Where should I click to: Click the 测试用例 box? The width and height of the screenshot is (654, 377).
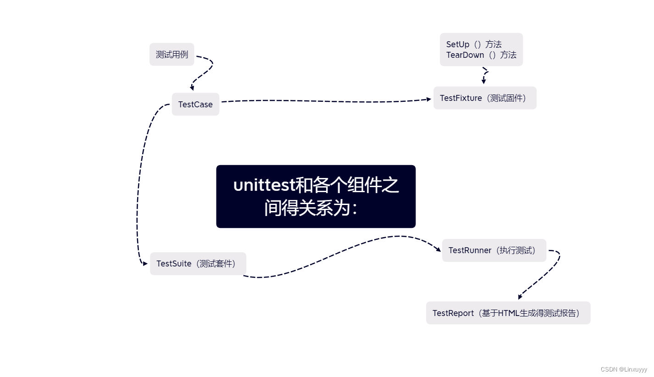pos(172,55)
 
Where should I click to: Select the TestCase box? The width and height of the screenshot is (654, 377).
pos(195,105)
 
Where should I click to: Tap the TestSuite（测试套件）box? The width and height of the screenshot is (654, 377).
pos(198,264)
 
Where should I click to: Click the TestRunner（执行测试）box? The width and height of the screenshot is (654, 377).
pos(494,250)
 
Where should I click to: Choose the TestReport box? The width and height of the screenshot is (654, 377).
pos(508,313)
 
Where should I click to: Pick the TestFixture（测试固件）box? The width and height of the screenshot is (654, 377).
pos(485,98)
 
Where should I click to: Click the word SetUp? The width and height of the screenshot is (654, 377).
pos(458,44)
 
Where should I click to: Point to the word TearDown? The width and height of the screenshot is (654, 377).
pos(465,55)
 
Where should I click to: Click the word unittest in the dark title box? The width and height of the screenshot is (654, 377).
pos(264,185)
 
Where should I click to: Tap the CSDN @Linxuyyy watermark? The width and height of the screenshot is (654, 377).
pos(624,369)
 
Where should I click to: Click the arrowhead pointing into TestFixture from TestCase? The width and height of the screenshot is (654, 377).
pos(429,99)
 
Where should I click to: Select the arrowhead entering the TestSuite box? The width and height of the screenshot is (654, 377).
pos(145,264)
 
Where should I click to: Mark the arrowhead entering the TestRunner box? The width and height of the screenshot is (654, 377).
pos(438,249)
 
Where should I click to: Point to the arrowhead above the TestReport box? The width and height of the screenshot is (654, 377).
pos(520,297)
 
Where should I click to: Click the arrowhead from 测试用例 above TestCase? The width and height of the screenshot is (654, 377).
pos(192,88)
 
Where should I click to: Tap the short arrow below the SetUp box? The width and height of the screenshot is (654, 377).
pos(484,81)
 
